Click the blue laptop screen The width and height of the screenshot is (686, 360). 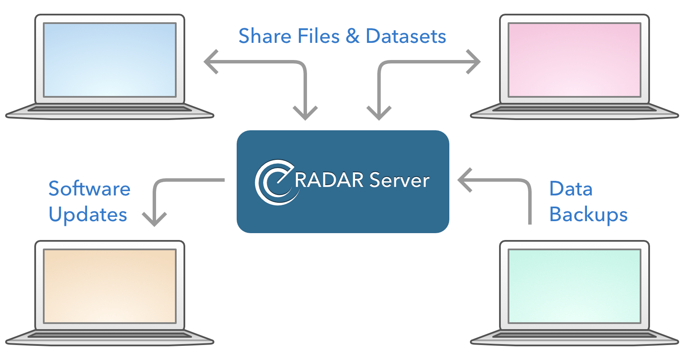tap(110, 60)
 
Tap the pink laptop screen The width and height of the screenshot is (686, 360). tap(575, 60)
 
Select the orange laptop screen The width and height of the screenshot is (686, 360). tap(110, 286)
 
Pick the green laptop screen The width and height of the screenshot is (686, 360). tap(575, 286)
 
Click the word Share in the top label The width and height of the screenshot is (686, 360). tap(265, 36)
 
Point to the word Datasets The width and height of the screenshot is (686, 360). tap(406, 36)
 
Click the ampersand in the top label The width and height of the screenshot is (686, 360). tap(352, 36)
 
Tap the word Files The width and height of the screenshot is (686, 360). tap(319, 36)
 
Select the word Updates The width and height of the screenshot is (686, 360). tap(88, 215)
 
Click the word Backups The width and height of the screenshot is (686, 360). tap(588, 214)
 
